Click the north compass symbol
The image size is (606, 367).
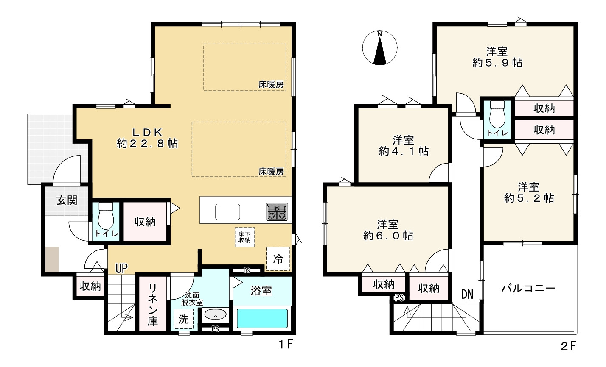pos(380,48)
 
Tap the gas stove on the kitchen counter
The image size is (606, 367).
pos(277,211)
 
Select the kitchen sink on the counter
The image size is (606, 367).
pos(227,212)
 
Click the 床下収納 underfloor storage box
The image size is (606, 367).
pos(244,237)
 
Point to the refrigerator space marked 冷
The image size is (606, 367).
pos(278,259)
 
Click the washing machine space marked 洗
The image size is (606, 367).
pos(183,319)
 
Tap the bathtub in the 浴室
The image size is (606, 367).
pos(262,318)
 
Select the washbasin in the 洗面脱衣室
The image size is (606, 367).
pos(215,314)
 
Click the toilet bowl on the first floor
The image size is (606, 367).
pos(106,216)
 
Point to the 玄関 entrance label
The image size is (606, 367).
pos(67,200)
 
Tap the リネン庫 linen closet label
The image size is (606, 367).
pos(153,304)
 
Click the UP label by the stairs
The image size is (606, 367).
pos(121,268)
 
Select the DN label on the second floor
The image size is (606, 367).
pos(467,294)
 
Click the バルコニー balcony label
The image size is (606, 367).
pos(529,288)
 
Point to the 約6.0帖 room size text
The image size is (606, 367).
pos(388,236)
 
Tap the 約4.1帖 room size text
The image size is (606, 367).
pos(404,151)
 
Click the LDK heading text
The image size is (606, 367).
pos(147,132)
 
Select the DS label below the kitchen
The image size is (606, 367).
pos(247,270)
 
